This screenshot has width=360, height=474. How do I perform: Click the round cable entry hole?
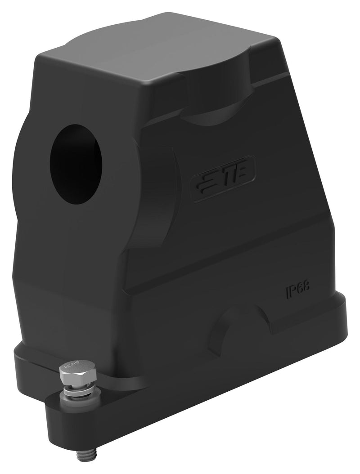(76, 164)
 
